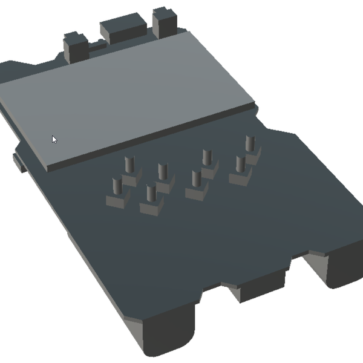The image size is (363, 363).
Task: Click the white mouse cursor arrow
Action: tap(54, 139)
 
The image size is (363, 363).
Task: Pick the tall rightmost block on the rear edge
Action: tap(163, 22)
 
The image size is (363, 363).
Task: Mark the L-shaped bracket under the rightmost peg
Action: tap(254, 157)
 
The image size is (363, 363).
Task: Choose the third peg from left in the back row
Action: tap(207, 157)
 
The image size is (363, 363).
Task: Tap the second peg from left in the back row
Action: tap(162, 171)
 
